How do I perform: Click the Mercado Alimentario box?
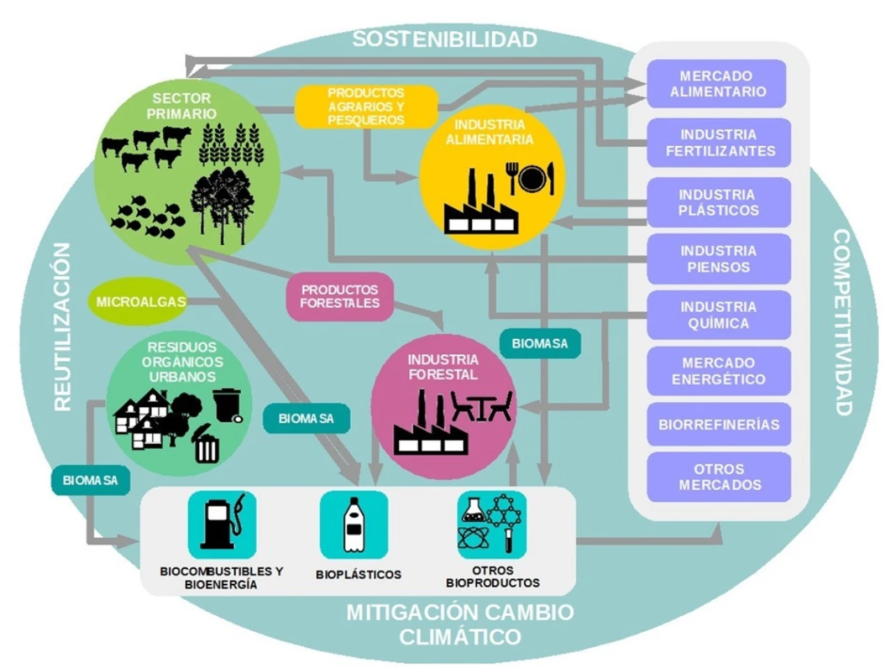[x=717, y=83]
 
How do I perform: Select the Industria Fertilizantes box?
[x=719, y=143]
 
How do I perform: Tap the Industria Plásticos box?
[x=719, y=202]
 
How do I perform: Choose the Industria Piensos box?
[x=719, y=259]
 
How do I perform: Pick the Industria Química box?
[x=719, y=315]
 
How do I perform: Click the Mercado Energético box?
[x=719, y=371]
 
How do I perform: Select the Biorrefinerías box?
[x=719, y=424]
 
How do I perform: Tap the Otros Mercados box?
[x=719, y=477]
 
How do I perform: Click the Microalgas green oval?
[x=141, y=302]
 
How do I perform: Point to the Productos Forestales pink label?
[x=340, y=296]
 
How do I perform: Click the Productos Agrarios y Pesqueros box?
[x=365, y=106]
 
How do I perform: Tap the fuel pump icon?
[x=222, y=524]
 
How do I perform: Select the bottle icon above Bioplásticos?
[x=354, y=524]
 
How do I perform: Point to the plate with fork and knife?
[x=530, y=178]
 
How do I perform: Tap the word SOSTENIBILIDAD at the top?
[x=444, y=39]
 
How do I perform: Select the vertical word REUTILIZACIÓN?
[x=63, y=326]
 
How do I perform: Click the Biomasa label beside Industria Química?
[x=539, y=344]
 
